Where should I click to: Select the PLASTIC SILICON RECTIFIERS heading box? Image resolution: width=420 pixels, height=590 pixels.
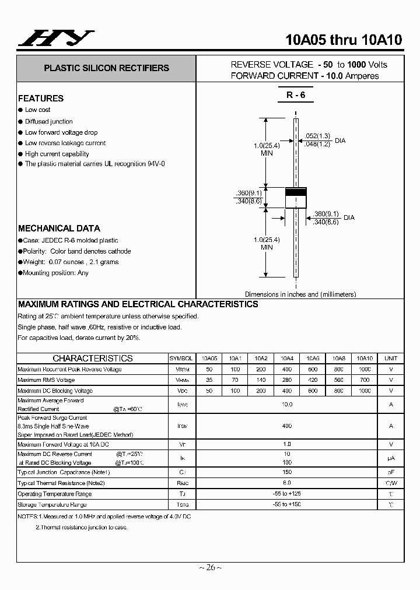pos(106,68)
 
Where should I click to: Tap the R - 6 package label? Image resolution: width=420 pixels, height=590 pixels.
pos(296,95)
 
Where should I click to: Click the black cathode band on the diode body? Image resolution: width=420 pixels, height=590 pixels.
pos(296,192)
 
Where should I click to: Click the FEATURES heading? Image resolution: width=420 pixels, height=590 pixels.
pos(41,99)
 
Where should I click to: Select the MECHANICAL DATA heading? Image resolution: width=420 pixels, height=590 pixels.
pos(59,229)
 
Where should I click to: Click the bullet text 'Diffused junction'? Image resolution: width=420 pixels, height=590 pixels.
pos(49,121)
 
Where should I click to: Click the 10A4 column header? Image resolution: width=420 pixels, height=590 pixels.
pos(287,359)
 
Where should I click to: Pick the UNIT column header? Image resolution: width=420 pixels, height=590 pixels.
pos(391,359)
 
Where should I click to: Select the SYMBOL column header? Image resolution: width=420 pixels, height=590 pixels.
pos(181,359)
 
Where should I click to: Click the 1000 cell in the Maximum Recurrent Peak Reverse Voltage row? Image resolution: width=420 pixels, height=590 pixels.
pos(365,370)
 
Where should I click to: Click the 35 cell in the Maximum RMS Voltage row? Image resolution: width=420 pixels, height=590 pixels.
pos(209,380)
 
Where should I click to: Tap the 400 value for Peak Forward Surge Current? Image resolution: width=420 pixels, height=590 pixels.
pos(287,426)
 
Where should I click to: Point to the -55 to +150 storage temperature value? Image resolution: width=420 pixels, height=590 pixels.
pos(287,504)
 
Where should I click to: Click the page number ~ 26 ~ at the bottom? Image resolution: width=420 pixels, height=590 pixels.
pos(210,567)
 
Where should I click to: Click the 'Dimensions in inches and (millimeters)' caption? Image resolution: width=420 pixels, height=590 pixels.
pos(300,294)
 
